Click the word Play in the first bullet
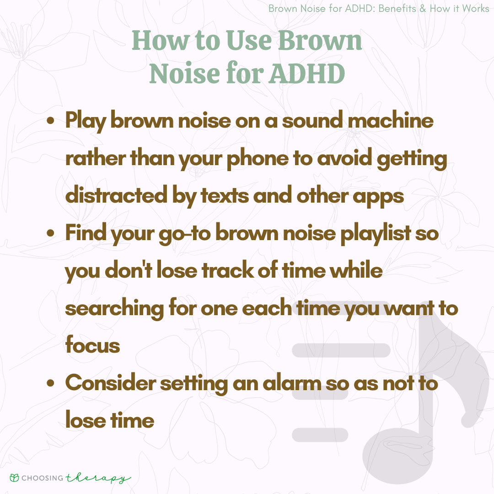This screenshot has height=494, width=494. [86, 121]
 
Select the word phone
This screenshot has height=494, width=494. [258, 159]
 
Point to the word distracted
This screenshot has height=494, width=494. [116, 195]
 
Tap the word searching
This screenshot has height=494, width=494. [114, 308]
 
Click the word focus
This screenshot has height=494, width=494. [92, 344]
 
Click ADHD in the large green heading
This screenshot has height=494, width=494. [307, 73]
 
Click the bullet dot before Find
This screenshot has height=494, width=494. [50, 233]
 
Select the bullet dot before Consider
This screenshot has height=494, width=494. [50, 383]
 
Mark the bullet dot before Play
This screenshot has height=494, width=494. [50, 121]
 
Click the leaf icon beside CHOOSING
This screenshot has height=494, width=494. [15, 478]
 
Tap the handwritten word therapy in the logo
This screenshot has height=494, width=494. [98, 478]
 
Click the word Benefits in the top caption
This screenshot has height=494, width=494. [397, 9]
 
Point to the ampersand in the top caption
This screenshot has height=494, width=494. [423, 9]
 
